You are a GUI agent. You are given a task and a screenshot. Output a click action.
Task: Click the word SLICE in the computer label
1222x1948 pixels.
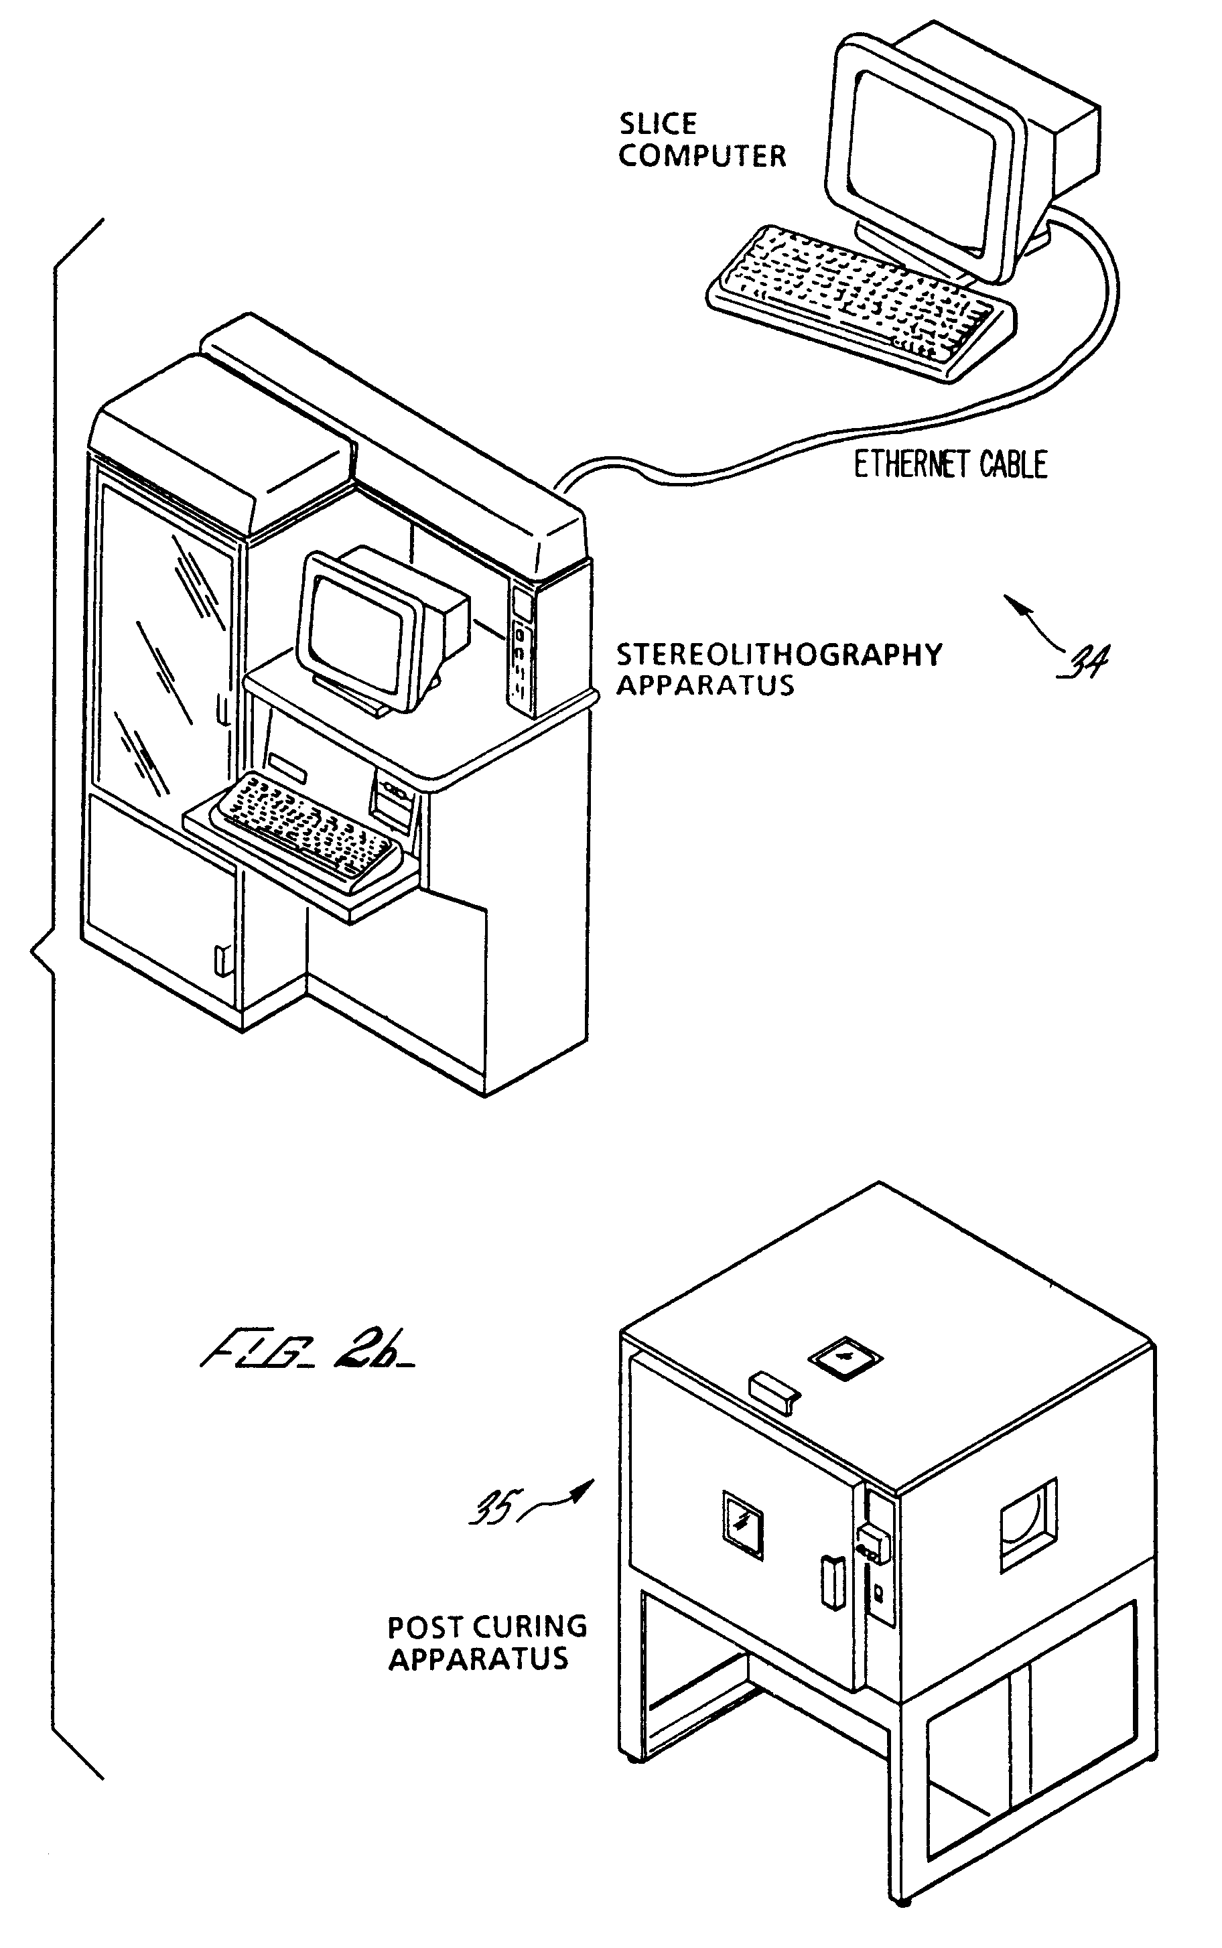(658, 124)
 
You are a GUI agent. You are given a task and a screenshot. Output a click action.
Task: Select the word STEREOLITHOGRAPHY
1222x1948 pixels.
(779, 654)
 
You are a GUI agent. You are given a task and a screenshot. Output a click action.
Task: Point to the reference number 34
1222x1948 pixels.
(1085, 661)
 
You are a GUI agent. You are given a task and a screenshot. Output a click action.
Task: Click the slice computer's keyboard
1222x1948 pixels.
(862, 299)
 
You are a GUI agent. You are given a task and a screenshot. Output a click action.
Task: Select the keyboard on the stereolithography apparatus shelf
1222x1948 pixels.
(303, 827)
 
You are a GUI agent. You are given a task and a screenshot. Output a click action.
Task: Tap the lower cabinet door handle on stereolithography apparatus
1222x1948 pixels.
(219, 961)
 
